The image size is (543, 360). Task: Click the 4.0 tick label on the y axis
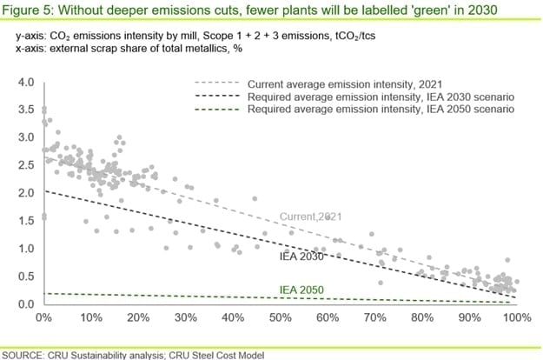[x=24, y=83]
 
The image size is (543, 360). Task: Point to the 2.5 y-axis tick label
[x=24, y=166]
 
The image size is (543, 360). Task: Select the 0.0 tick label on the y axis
[x=24, y=304]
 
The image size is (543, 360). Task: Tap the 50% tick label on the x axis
[x=280, y=318]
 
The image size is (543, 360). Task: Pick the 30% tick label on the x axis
[x=185, y=318]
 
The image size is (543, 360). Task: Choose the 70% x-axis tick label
[x=374, y=318]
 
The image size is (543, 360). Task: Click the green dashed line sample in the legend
[x=215, y=110]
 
